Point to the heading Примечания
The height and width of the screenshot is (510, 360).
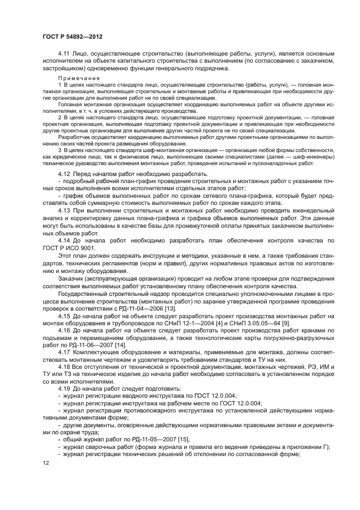75,80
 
